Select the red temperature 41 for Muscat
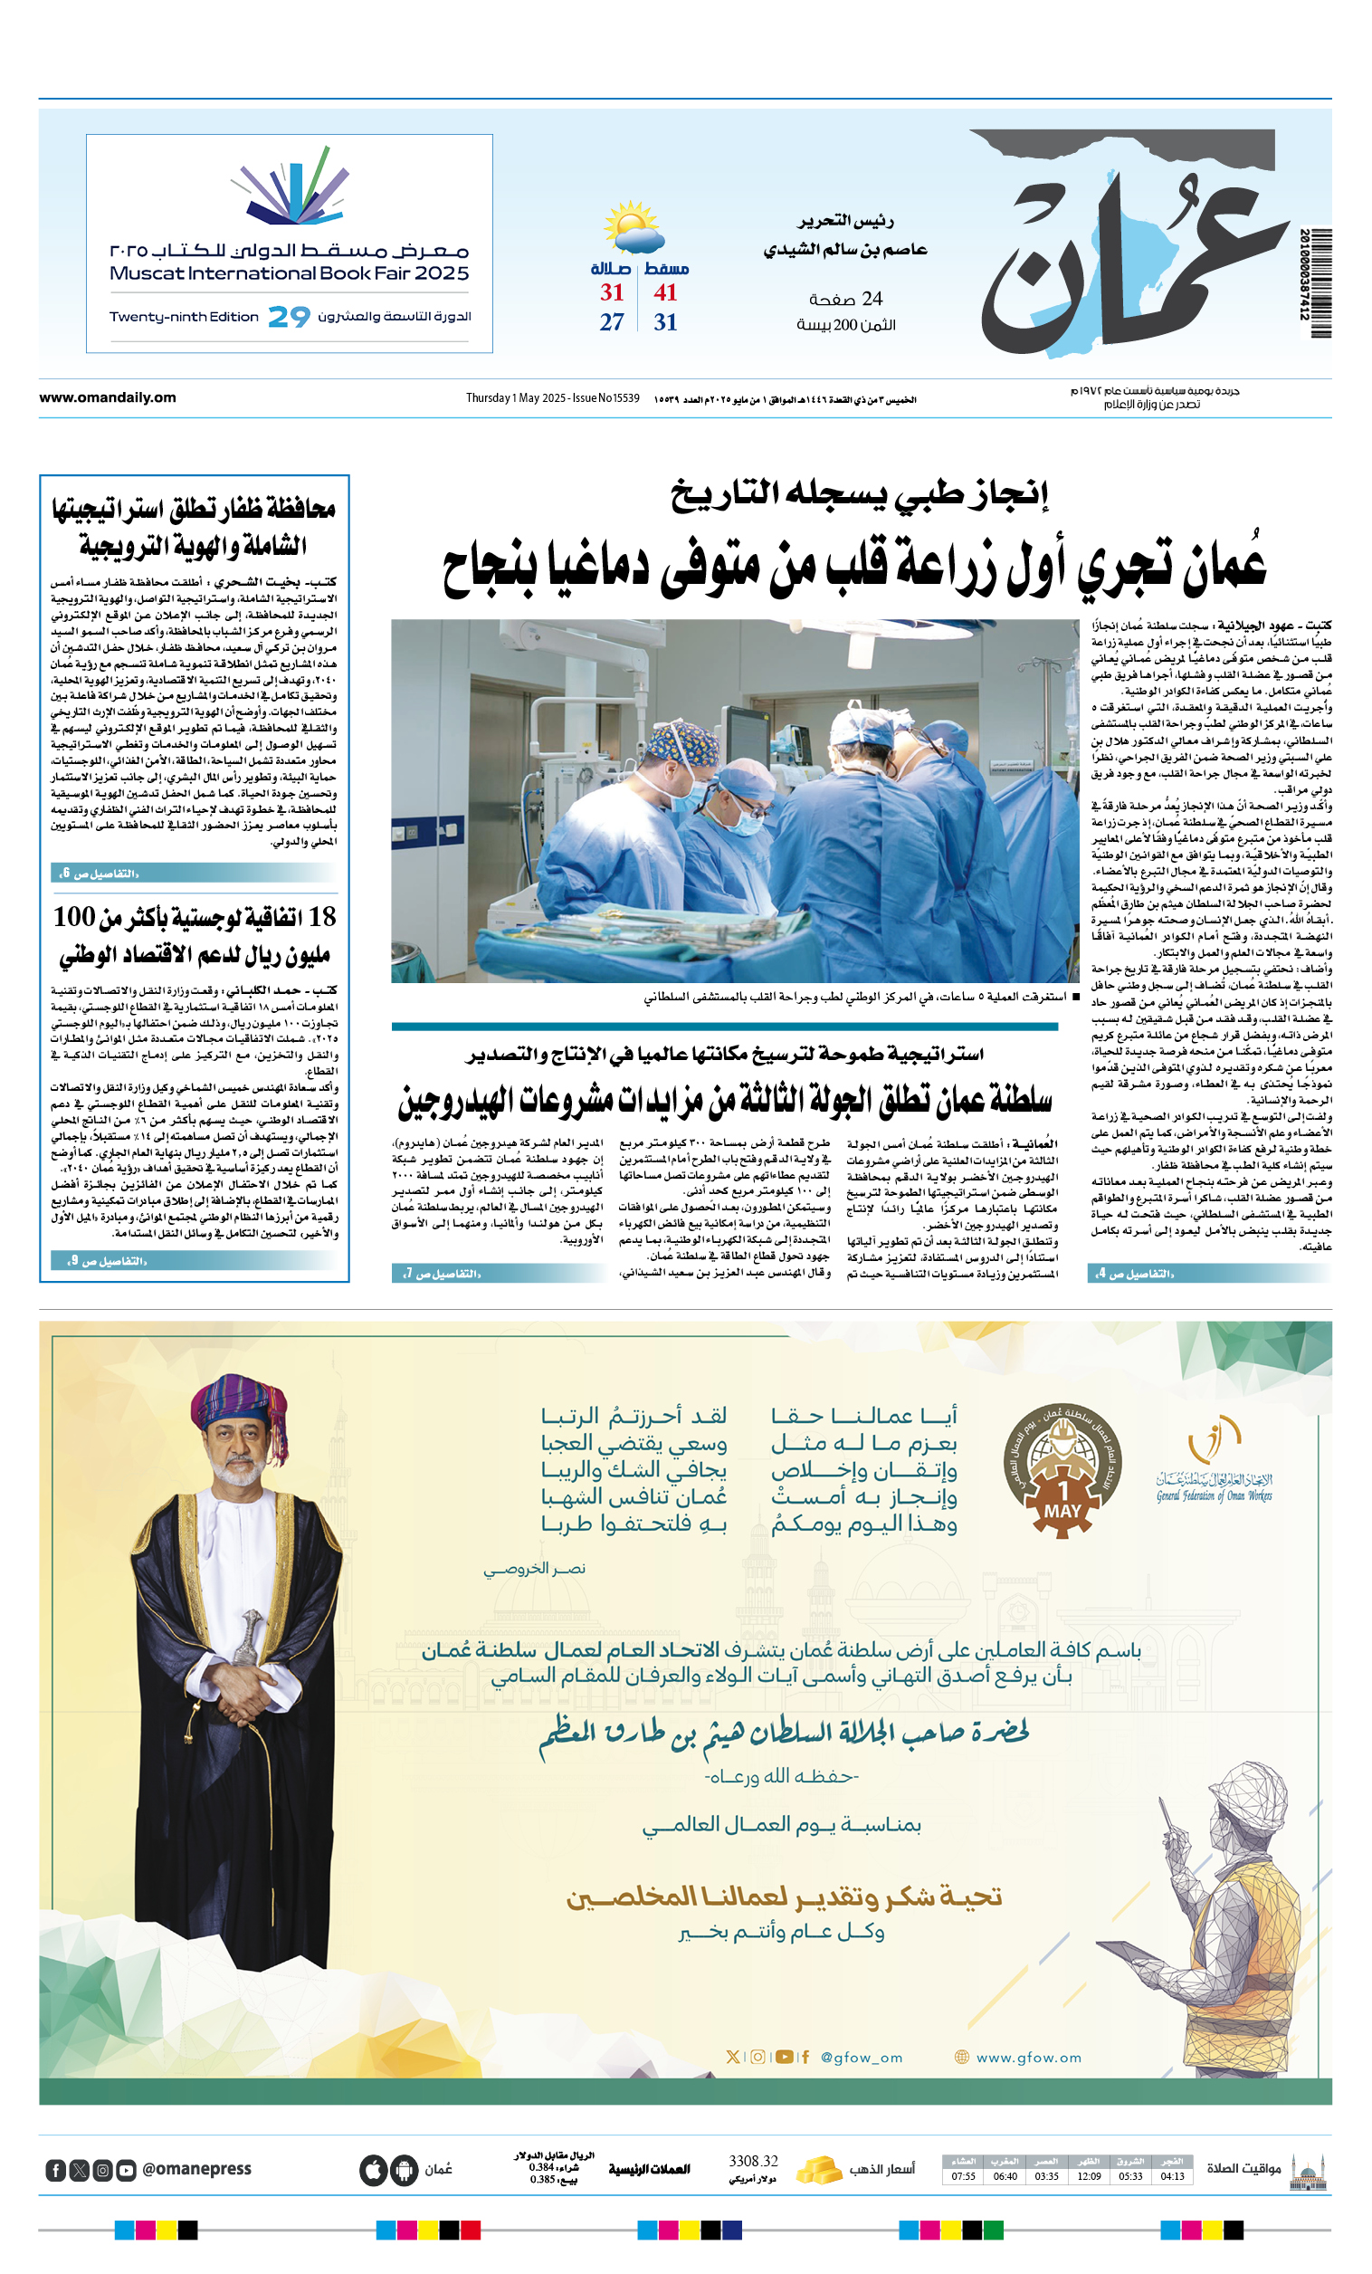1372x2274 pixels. pos(665,292)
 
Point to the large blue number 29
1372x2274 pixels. pos(289,317)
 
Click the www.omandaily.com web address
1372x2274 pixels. pos(107,397)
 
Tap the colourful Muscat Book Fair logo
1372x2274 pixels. pos(290,187)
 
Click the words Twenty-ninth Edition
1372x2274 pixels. pos(184,317)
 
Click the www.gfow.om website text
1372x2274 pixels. pos(1028,2057)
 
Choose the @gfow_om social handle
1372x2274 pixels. pos(861,2057)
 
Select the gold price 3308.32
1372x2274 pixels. pos(753,2161)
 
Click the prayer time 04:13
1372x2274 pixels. pos(1172,2176)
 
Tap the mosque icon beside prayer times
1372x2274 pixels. pos(1309,2171)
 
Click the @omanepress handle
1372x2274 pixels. pos(196,2169)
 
